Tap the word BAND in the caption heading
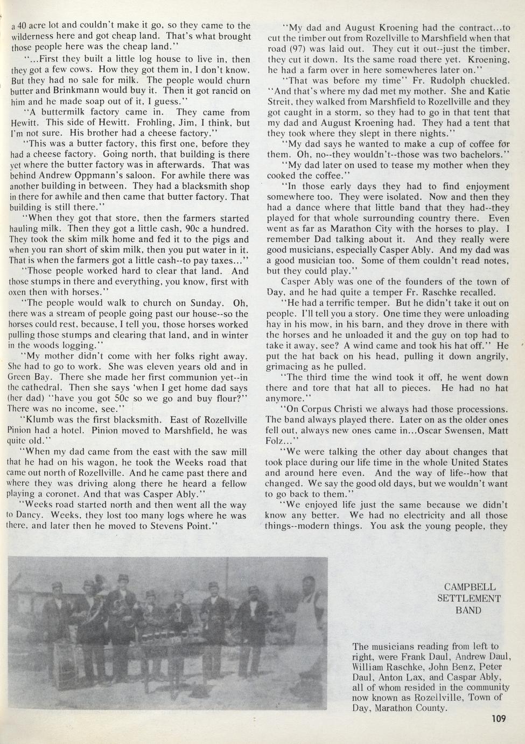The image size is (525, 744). point(469,610)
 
